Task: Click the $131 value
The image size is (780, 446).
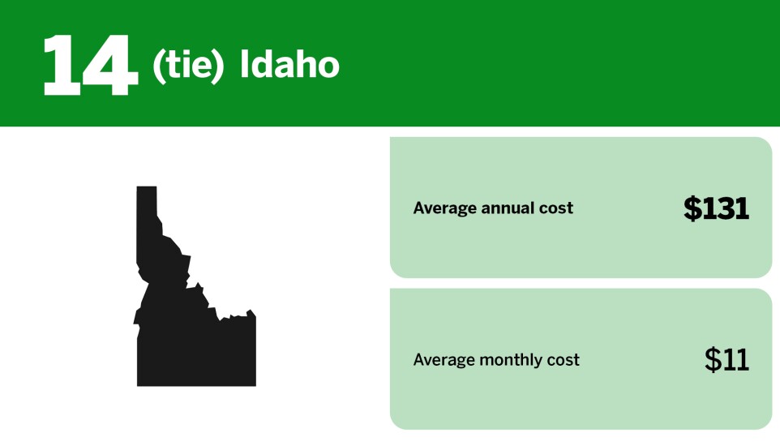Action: click(x=716, y=208)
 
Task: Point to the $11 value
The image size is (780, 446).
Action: click(x=726, y=359)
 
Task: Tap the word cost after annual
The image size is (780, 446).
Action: click(x=556, y=208)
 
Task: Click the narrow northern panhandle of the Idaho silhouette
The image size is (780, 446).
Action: click(x=147, y=211)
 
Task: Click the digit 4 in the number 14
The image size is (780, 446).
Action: click(x=111, y=66)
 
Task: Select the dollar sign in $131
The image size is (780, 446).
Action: click(x=692, y=208)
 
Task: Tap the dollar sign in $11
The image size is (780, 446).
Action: click(x=713, y=359)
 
